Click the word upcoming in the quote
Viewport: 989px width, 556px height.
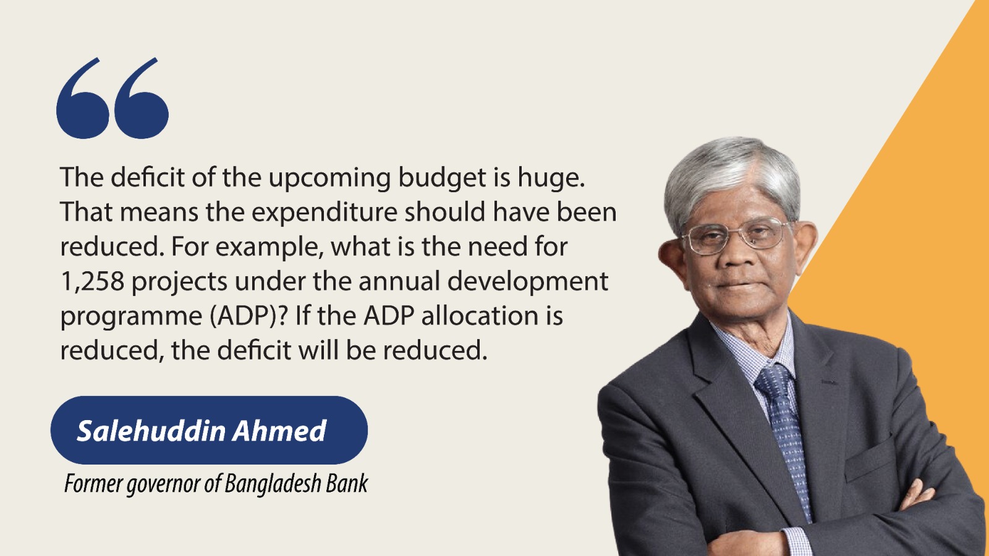click(x=329, y=179)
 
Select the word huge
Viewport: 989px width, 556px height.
click(x=550, y=179)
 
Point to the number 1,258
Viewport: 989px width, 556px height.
click(x=92, y=282)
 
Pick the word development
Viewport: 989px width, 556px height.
click(x=528, y=282)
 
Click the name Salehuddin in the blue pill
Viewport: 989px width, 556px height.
click(x=151, y=431)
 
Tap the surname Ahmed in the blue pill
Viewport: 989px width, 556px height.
click(x=279, y=431)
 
